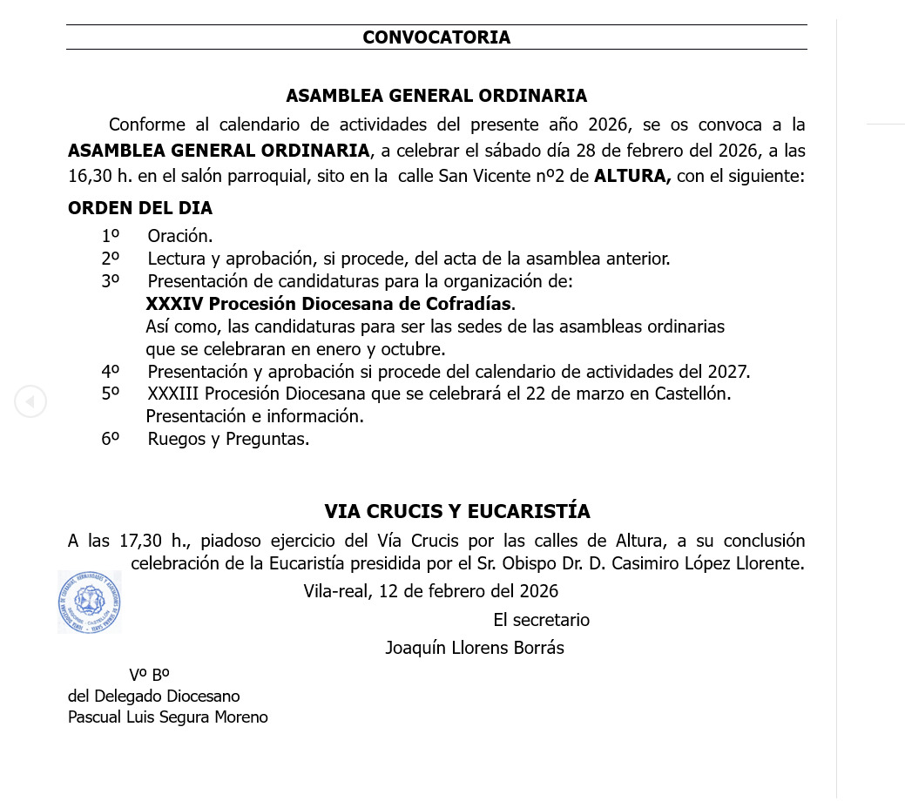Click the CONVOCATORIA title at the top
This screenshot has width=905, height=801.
pyautogui.click(x=436, y=37)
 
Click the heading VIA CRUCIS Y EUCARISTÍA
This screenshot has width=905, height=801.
pyautogui.click(x=457, y=511)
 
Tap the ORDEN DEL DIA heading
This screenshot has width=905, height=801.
pyautogui.click(x=140, y=208)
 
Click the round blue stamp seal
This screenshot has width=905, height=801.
pyautogui.click(x=90, y=602)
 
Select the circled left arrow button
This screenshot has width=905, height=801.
pyautogui.click(x=30, y=401)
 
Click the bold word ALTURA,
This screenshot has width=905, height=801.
pyautogui.click(x=632, y=176)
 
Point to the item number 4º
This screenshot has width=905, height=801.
pyautogui.click(x=110, y=372)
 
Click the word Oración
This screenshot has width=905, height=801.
pyautogui.click(x=180, y=236)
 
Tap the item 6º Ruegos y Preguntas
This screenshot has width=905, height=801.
pyautogui.click(x=228, y=439)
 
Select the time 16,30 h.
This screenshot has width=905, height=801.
pyautogui.click(x=99, y=176)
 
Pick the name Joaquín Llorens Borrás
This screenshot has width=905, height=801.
pyautogui.click(x=475, y=648)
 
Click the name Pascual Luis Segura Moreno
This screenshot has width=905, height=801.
pyautogui.click(x=168, y=717)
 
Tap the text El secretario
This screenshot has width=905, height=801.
pyautogui.click(x=541, y=620)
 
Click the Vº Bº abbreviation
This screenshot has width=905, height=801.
pyautogui.click(x=149, y=675)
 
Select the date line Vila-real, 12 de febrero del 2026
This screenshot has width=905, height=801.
pyautogui.click(x=430, y=591)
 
